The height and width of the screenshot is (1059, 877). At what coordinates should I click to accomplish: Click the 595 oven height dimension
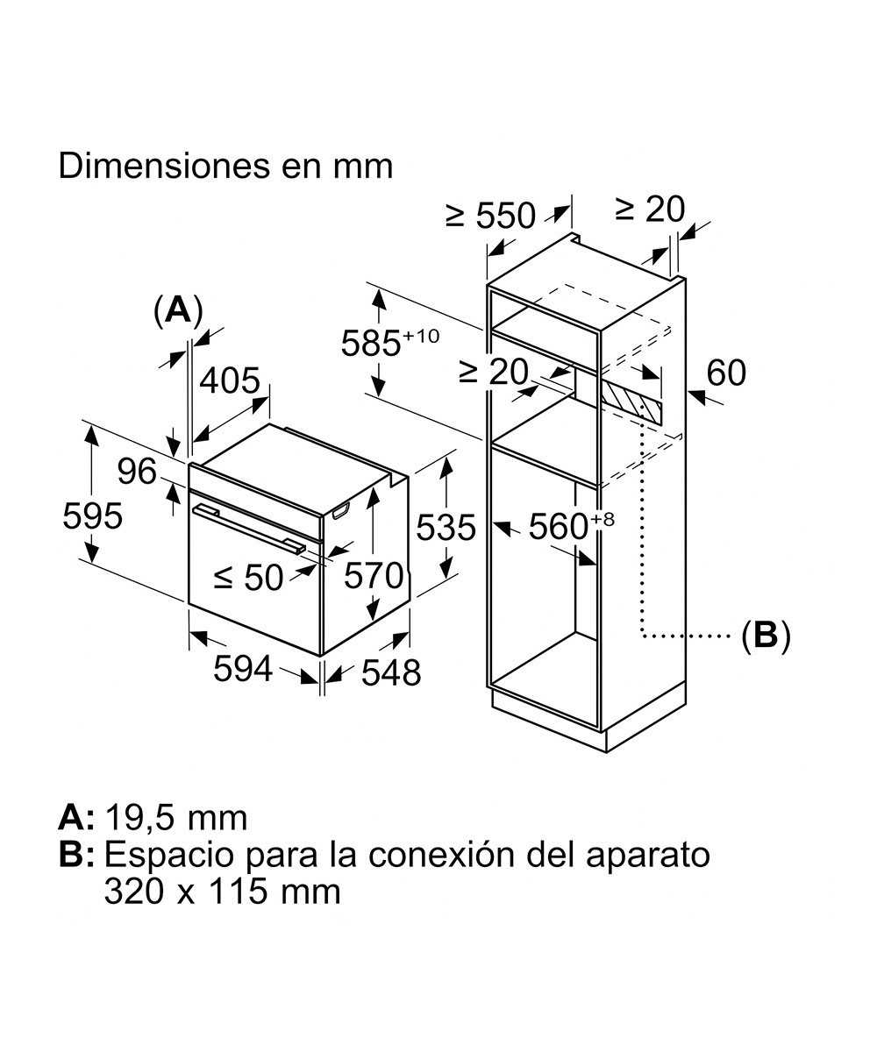[x=92, y=516]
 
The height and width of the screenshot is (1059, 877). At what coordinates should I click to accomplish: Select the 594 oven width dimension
[x=243, y=670]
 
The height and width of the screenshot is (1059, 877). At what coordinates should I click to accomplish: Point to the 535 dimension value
[x=446, y=528]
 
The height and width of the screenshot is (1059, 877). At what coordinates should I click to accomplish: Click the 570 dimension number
[x=373, y=576]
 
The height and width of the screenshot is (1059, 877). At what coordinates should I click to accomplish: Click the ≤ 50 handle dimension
[x=249, y=578]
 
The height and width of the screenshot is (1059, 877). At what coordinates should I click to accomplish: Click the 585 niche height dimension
[x=379, y=343]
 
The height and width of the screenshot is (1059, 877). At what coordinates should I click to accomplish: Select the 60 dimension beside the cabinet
[x=725, y=373]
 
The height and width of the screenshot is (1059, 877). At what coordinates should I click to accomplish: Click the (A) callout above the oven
[x=178, y=310]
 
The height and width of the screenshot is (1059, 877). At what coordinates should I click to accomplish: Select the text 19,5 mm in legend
[x=175, y=818]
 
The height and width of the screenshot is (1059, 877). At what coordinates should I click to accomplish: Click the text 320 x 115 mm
[x=222, y=891]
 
